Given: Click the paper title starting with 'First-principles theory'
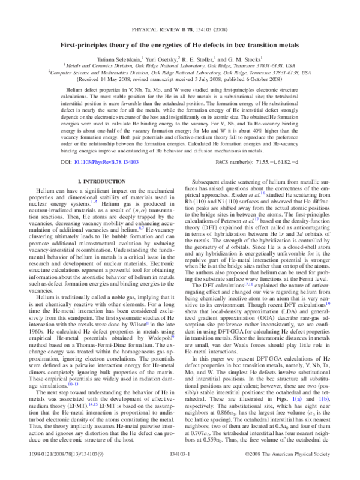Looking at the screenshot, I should tap(180, 45).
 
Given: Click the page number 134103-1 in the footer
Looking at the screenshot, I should tap(180, 473).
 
